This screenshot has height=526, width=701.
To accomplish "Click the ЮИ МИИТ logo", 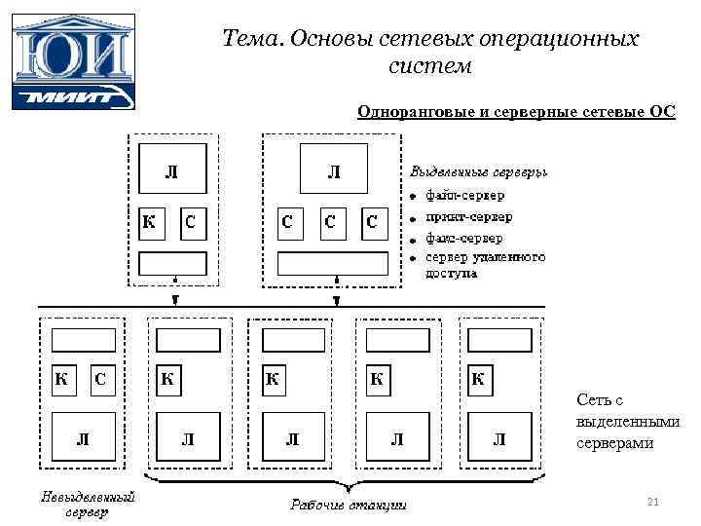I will (73, 61).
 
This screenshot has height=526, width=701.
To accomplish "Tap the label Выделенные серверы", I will (477, 171).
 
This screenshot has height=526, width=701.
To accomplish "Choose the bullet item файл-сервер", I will (464, 195).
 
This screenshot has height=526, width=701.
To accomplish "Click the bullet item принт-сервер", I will (468, 216).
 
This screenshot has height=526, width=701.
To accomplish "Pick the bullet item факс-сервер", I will (464, 238).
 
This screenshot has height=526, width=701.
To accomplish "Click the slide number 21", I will (653, 502).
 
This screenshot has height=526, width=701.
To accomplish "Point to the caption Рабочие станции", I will (348, 505).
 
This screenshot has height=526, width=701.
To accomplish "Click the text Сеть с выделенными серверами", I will (626, 422).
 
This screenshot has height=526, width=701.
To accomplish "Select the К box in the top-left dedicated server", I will (150, 223).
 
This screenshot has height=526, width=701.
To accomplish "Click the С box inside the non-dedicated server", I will (100, 381).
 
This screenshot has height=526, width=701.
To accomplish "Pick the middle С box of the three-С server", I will (331, 223).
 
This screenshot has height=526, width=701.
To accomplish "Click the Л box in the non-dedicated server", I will (83, 439).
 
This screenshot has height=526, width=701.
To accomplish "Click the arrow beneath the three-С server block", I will (336, 294).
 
